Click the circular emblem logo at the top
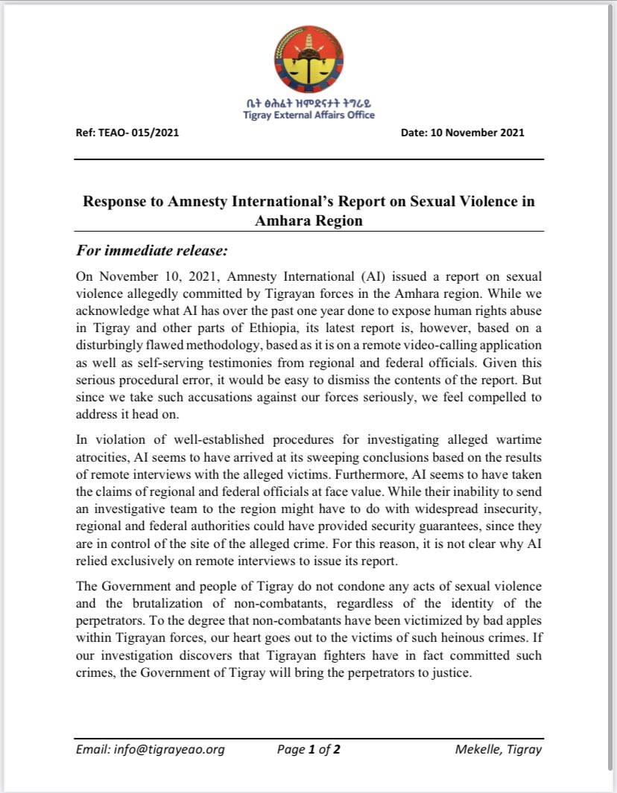pyautogui.click(x=308, y=61)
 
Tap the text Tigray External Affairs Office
pyautogui.click(x=308, y=115)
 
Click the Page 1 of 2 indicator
pyautogui.click(x=308, y=750)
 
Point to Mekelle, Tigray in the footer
pyautogui.click(x=498, y=750)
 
